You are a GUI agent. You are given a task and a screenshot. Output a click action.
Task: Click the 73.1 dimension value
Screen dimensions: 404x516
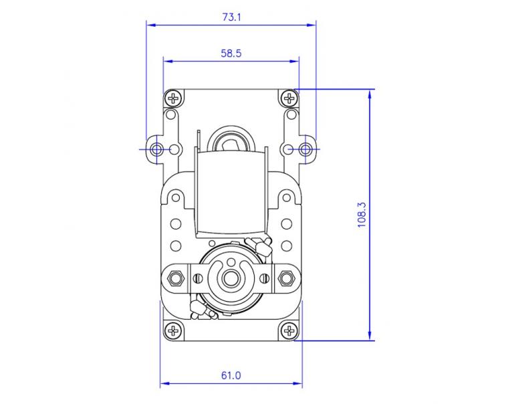231,17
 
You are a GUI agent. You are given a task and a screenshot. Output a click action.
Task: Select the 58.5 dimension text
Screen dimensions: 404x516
231,53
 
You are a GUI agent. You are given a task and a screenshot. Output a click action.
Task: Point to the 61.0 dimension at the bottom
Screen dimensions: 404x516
231,375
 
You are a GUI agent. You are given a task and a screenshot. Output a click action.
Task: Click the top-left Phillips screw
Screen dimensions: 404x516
174,99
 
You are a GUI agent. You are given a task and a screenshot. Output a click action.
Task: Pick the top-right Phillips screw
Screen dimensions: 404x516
289,99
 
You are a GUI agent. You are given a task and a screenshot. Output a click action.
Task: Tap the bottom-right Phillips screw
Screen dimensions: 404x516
289,330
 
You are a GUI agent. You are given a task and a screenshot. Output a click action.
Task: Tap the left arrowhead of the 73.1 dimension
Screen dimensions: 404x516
150,25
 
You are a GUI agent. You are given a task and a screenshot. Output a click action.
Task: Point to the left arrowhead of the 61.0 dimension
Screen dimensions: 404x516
163,385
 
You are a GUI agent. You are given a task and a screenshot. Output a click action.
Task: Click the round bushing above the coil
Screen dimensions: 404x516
231,141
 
